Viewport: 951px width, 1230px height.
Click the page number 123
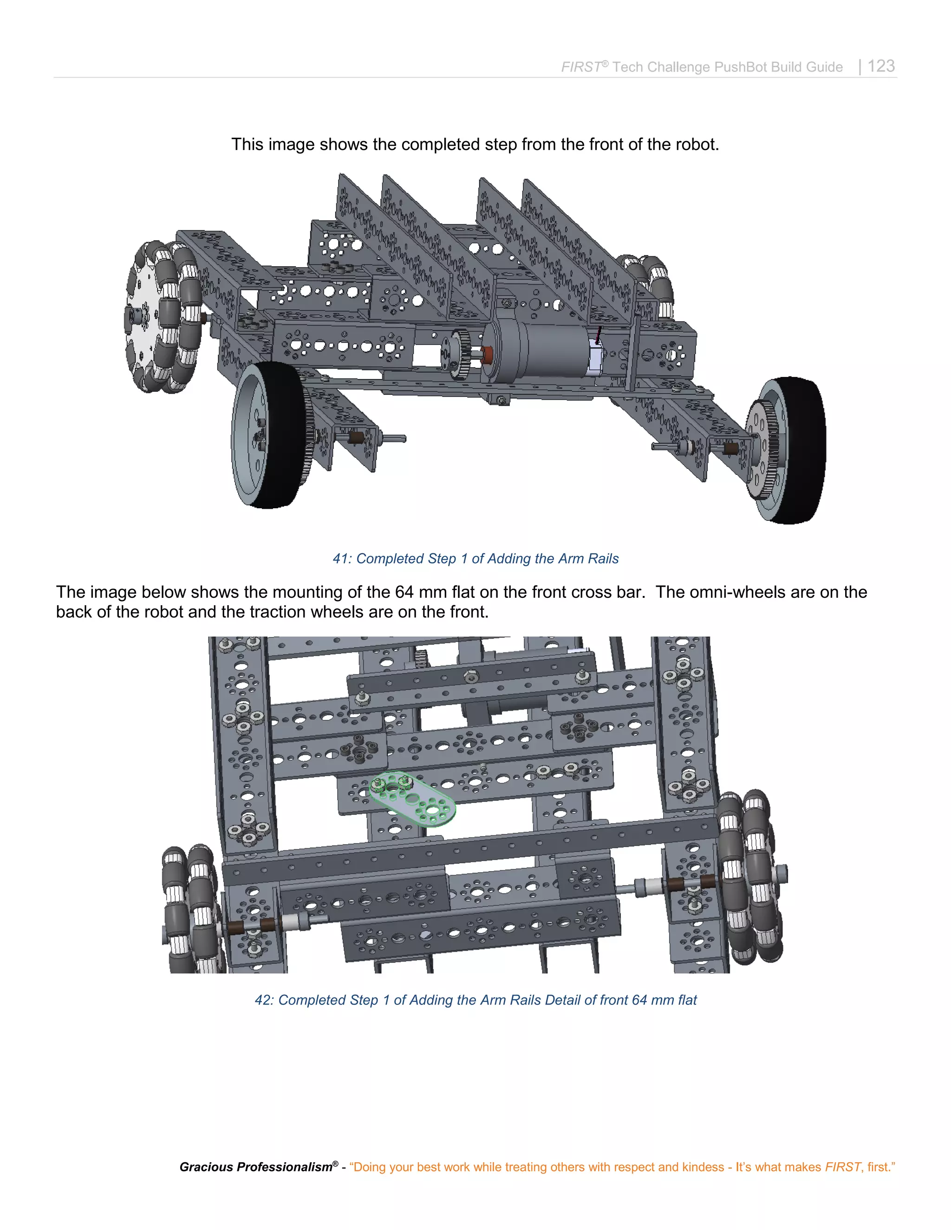[x=881, y=66]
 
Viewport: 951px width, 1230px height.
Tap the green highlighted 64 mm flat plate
[x=412, y=797]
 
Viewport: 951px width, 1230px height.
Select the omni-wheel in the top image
[x=162, y=317]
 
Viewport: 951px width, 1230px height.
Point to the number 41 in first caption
[x=340, y=559]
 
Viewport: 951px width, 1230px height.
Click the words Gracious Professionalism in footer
[x=256, y=1167]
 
